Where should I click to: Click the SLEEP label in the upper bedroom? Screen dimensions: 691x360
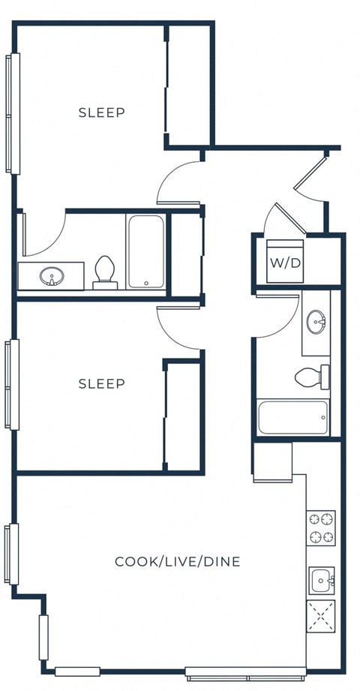pos(101,113)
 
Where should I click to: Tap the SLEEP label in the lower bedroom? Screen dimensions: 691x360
pos(101,383)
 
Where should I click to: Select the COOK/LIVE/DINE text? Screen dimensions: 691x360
pos(177,561)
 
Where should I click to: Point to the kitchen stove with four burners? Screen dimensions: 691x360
pos(321,527)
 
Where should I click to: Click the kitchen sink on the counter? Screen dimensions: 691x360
pos(322,580)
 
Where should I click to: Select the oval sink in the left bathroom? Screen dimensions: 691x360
pos(52,276)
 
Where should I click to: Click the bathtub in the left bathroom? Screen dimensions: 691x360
pos(145,252)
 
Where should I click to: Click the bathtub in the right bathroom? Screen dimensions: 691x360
pos(293,418)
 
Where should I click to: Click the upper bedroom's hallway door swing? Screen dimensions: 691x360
pos(178,183)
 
